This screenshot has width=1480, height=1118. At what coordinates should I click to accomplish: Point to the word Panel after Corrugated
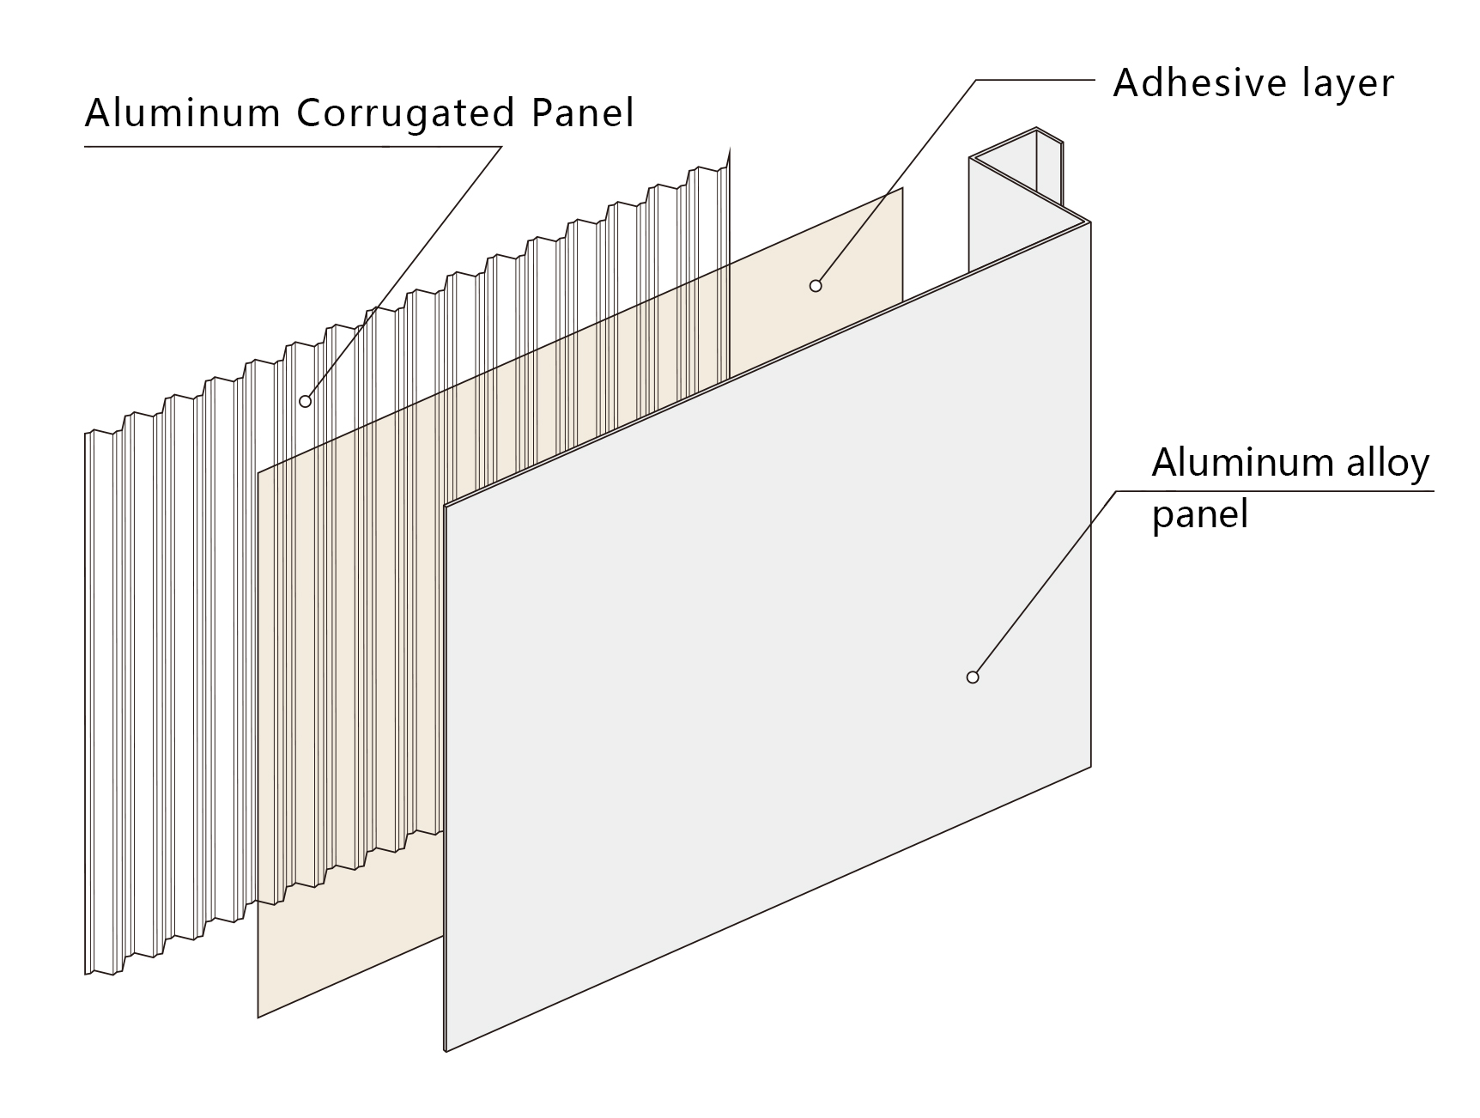583,112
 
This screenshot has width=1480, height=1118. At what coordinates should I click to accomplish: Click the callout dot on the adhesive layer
816,286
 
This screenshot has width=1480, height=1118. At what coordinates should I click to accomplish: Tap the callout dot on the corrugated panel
305,401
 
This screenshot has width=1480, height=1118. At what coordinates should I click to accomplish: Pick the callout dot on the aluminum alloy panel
973,677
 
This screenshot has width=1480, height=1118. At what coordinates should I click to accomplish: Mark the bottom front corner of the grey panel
446,1050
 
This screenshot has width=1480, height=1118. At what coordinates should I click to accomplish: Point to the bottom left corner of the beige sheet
258,1018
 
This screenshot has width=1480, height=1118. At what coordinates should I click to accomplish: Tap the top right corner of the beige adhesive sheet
902,188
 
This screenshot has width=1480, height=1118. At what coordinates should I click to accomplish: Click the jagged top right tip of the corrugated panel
728,148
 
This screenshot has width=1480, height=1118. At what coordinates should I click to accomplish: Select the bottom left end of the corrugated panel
86,973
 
